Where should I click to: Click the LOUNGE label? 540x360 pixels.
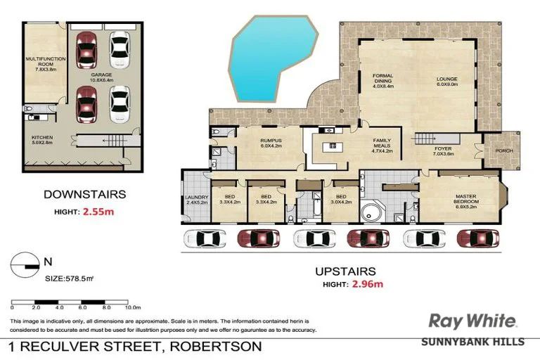(447, 82)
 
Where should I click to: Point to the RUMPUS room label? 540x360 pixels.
(271, 142)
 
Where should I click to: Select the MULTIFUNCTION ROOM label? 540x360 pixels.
(40, 65)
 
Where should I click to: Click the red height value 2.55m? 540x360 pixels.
(100, 211)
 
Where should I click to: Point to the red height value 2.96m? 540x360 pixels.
(367, 284)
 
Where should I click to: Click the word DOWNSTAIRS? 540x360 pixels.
(84, 194)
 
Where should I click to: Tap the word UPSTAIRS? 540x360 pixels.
(346, 271)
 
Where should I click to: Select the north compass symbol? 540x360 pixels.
(25, 264)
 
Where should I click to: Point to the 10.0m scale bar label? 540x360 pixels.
(133, 308)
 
